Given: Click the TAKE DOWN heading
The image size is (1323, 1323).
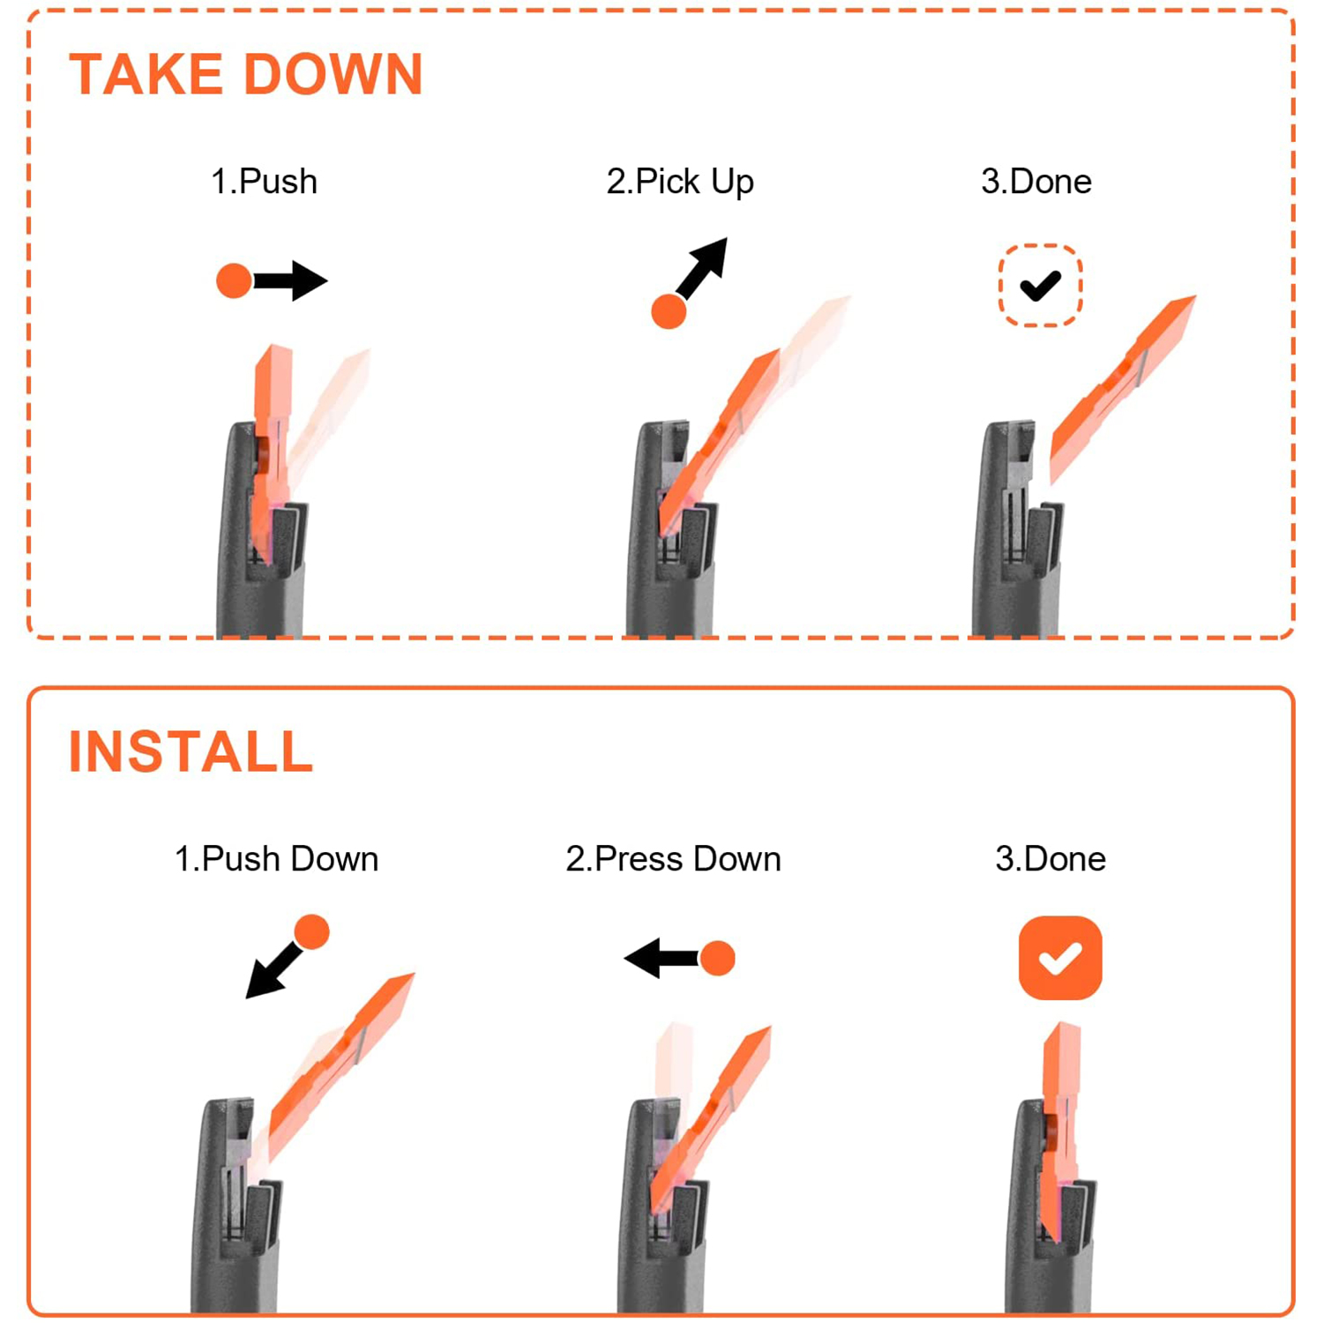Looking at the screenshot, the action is coord(246,74).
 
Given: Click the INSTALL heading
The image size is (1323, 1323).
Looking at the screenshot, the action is coord(191,751).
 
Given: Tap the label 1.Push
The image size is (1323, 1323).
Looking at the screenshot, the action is coord(264,182).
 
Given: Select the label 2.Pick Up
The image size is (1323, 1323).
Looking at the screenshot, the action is coord(680,182).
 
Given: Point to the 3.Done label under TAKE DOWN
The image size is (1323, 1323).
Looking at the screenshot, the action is coord(1036,182).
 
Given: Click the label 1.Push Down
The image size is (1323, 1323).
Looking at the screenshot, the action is coord(276,859).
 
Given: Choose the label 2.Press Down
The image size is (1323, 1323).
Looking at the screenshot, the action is coord(673,859).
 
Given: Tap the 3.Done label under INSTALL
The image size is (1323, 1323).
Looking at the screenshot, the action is coord(1050,859).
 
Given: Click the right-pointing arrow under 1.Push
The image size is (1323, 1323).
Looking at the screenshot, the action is coord(290,281).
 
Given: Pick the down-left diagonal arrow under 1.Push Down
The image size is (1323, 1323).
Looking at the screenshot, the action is coord(273,969).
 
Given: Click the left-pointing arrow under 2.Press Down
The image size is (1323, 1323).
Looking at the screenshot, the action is coord(661,958).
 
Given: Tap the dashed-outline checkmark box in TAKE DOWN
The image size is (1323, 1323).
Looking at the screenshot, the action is coord(1041,286).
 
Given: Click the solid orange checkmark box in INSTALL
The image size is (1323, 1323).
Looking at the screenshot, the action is coord(1060,958).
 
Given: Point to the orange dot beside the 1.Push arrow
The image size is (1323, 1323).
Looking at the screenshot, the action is coord(235,281).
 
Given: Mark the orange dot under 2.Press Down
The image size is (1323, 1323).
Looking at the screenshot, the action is coord(717,958).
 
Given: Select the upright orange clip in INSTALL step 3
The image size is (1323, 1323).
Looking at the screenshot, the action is coord(1060,1129).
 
